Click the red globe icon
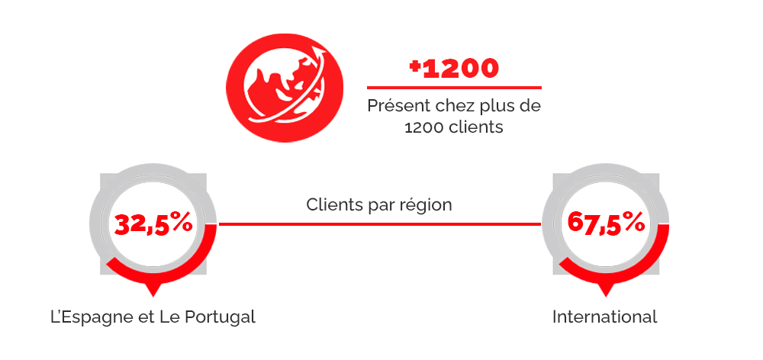coord(285,88)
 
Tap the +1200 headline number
coord(454,68)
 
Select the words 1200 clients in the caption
coord(454,127)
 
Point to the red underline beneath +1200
coord(454,88)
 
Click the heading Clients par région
coord(379,205)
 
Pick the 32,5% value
coord(153,224)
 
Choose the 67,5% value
coord(606,223)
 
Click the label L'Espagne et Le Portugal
coord(153,317)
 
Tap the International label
coord(605,317)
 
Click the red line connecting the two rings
coord(380,224)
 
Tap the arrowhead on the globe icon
coord(320,51)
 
